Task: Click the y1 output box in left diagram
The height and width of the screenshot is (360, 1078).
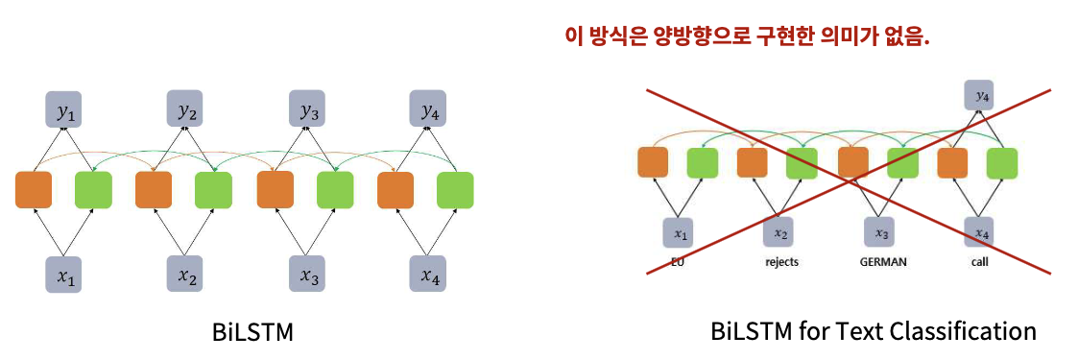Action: pos(64,109)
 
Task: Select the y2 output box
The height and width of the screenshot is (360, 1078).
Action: pos(185,109)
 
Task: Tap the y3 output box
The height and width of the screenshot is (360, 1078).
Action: pos(306,109)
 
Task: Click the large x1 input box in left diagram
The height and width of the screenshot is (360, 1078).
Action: pos(64,274)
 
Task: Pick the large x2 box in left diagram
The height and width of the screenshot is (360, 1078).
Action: pos(185,274)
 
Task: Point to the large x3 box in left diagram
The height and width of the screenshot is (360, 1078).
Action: pos(306,274)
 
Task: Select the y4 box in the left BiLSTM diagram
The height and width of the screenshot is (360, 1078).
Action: pos(427,109)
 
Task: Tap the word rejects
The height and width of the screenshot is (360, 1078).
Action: pos(781,262)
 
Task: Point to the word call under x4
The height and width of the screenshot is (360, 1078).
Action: pos(980,262)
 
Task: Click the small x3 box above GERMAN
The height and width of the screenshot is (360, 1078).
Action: pos(880,232)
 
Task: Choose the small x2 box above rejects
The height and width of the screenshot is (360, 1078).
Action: pos(780,232)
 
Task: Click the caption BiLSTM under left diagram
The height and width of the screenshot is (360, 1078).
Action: pos(253,332)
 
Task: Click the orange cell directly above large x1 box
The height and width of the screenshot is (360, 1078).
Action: pos(34,190)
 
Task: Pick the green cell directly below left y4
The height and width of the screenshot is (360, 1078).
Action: pos(455,190)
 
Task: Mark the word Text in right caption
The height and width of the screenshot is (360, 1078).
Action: pos(856,332)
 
